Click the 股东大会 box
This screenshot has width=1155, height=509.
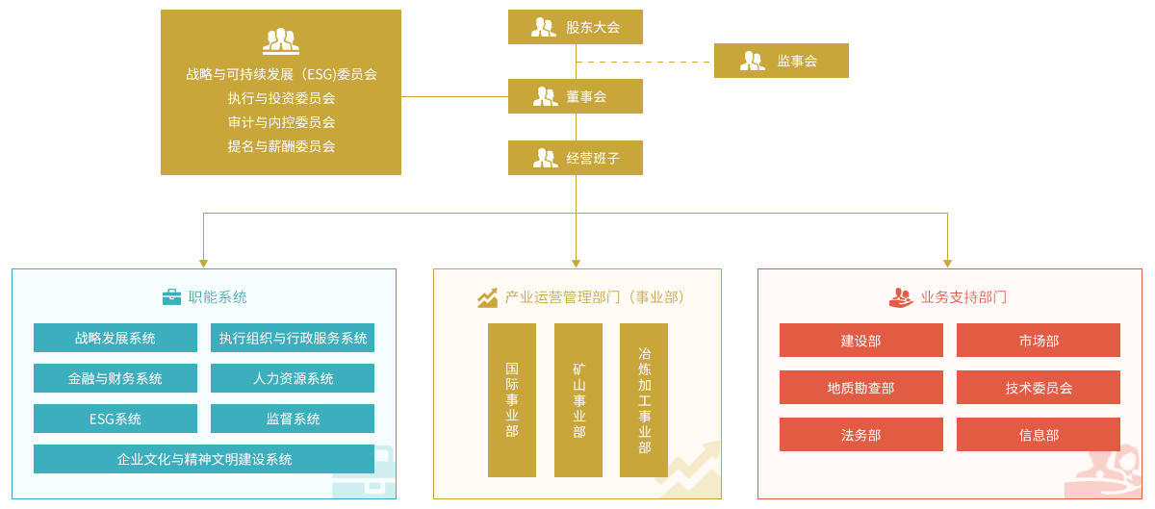[575, 27]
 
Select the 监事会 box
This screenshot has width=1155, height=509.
[781, 61]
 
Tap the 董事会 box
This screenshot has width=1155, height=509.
[575, 96]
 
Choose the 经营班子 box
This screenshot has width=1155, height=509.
[575, 158]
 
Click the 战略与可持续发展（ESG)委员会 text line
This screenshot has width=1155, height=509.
[281, 73]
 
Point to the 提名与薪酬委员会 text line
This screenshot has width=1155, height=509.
[281, 146]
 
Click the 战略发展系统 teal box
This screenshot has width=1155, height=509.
[115, 338]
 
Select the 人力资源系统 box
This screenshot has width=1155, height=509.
[293, 378]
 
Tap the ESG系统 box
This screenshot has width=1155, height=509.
[115, 419]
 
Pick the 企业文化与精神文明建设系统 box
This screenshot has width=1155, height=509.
[204, 459]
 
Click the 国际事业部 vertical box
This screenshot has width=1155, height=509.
[512, 399]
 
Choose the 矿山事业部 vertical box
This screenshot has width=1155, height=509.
[578, 399]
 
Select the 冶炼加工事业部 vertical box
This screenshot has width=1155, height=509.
[644, 399]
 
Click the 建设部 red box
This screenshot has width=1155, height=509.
[861, 341]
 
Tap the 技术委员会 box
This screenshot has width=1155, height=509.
[1039, 388]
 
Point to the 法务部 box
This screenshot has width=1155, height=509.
[861, 435]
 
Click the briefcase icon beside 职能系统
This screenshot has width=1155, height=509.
[171, 297]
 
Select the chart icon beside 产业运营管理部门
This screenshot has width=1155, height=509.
[488, 297]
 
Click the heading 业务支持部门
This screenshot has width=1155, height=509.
[963, 297]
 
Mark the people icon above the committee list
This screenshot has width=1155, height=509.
[280, 41]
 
